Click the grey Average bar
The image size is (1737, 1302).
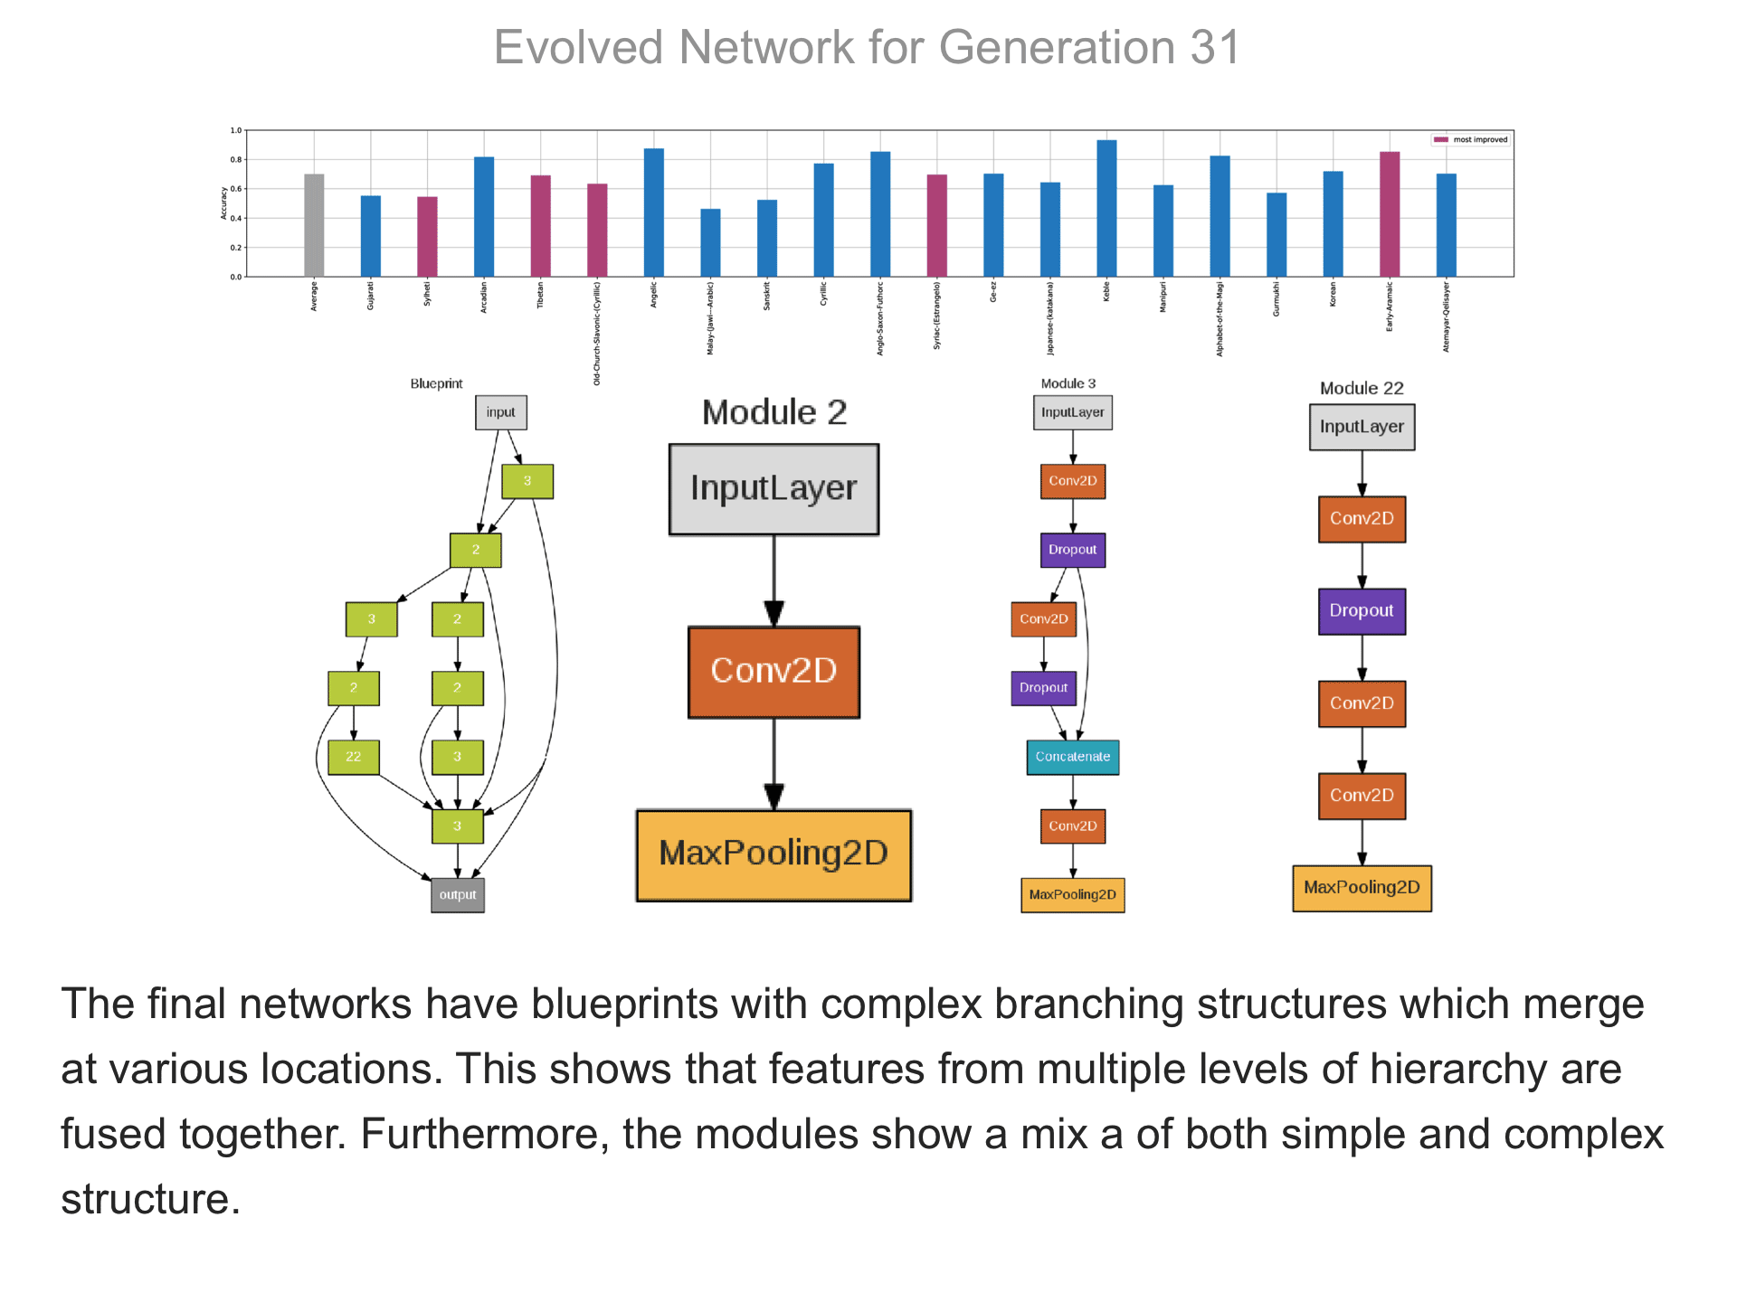[314, 225]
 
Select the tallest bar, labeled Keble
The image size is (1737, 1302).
[1106, 208]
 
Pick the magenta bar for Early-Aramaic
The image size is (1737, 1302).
[1390, 214]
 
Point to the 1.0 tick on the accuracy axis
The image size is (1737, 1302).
[236, 130]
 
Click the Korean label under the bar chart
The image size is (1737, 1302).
[1333, 295]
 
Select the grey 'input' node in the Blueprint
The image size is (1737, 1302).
[501, 412]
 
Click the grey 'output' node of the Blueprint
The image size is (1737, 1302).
[458, 895]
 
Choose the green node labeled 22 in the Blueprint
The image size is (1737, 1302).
[354, 757]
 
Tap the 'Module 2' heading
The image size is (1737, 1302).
[774, 412]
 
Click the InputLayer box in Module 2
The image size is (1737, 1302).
[774, 489]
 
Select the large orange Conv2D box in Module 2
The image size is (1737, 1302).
[774, 672]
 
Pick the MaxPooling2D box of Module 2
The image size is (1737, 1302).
[774, 854]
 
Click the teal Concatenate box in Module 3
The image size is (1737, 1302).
[1073, 757]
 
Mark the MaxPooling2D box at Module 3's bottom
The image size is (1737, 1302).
[1073, 895]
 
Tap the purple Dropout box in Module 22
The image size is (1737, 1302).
[1362, 611]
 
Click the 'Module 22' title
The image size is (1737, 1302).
[1362, 388]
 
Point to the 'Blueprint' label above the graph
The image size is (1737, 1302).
[436, 383]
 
